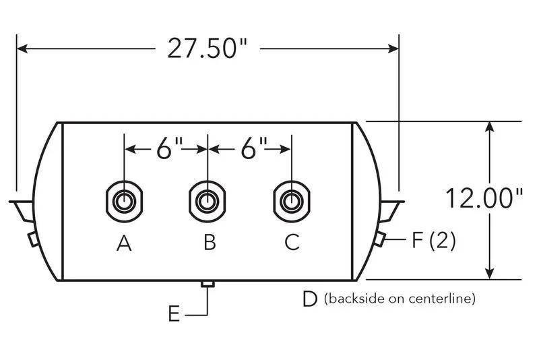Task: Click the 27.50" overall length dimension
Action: [208, 48]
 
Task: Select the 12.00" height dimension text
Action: [484, 198]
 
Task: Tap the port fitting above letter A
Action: [124, 201]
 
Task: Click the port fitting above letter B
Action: [208, 201]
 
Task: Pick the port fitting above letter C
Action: [292, 201]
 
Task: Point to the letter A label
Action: [124, 243]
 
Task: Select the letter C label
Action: [292, 242]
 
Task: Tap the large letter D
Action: [310, 299]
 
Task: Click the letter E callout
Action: [175, 314]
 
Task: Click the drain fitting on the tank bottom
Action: [208, 284]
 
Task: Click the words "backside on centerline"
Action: [400, 298]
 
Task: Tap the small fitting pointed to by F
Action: [379, 239]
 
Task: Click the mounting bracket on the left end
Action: [22, 210]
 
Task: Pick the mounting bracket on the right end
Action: [391, 210]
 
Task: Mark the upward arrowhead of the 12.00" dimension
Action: [490, 127]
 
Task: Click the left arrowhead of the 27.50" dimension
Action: [23, 49]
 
